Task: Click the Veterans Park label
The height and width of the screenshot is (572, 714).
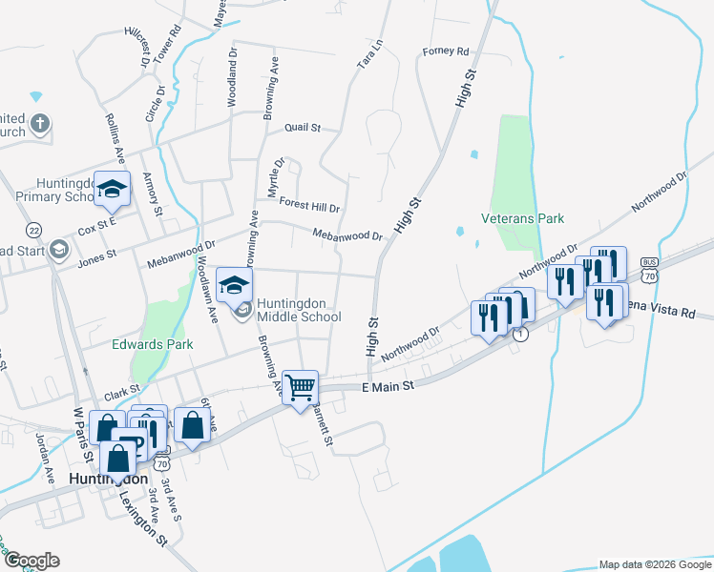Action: tap(523, 218)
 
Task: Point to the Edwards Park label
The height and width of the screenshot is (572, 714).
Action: tap(153, 344)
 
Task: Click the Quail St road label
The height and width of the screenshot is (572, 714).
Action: tap(302, 127)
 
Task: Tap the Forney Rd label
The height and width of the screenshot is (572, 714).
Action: tap(447, 51)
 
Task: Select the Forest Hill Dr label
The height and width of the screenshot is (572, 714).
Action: tap(310, 205)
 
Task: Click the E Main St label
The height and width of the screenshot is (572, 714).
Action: tap(389, 386)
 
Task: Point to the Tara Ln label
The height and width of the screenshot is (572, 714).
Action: tap(368, 53)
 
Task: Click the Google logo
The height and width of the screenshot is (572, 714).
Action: tap(31, 561)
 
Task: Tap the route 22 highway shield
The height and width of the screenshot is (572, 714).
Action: tap(34, 230)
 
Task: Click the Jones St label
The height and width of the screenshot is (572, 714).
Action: tap(96, 255)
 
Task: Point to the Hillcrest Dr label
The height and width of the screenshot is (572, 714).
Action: tap(138, 46)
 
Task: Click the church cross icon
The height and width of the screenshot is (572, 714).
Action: tap(40, 124)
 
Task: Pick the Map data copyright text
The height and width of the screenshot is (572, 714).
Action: tap(655, 563)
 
